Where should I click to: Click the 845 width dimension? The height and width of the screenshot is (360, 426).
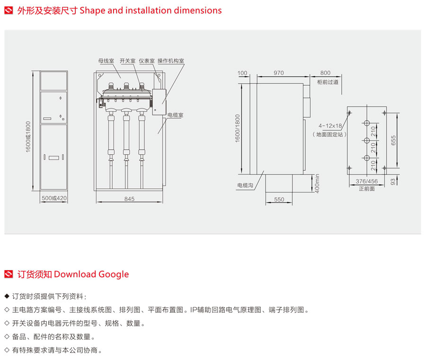[x=129, y=199]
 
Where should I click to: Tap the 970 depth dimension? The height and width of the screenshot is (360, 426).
[x=278, y=73]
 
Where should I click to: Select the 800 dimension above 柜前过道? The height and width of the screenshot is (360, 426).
[x=325, y=73]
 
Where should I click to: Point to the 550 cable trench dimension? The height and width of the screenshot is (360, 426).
[x=279, y=200]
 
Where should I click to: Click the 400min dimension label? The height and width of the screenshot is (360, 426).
[x=318, y=184]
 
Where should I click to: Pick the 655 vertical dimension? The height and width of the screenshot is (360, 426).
[x=393, y=141]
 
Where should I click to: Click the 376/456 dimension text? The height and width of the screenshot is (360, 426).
[x=367, y=181]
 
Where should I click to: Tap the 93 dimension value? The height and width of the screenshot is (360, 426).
[x=393, y=182]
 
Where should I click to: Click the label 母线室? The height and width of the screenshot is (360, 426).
[x=106, y=61]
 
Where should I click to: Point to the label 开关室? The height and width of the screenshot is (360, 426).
[x=127, y=61]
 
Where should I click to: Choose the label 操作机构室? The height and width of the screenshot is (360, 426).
[x=171, y=61]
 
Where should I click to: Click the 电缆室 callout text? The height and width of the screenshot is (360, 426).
[x=175, y=115]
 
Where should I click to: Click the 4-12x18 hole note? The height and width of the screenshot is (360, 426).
[x=330, y=126]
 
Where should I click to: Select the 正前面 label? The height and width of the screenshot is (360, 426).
[x=367, y=188]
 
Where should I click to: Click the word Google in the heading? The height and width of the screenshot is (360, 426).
[x=114, y=274]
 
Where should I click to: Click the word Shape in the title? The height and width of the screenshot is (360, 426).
[x=92, y=10]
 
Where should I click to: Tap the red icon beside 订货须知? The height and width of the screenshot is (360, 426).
[x=9, y=274]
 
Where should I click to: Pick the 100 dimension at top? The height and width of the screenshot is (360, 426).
[x=243, y=73]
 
